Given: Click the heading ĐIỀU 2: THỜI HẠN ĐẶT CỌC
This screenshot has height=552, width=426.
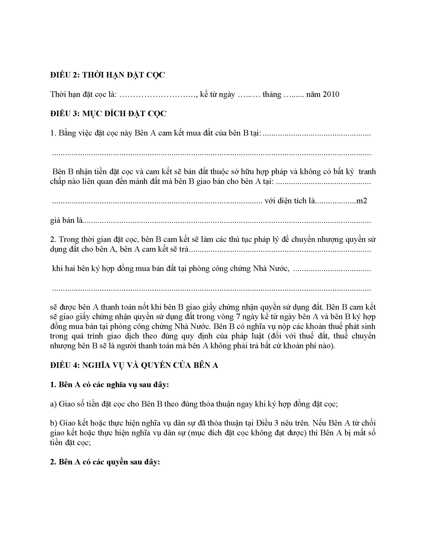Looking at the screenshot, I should (107, 75).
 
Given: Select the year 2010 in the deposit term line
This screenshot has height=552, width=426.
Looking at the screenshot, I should (331, 95).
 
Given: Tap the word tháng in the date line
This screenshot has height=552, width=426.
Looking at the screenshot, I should (272, 95).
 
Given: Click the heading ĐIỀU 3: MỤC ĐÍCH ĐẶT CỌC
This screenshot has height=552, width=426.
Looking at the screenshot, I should (108, 114).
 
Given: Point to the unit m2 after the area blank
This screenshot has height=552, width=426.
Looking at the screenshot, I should (361, 201).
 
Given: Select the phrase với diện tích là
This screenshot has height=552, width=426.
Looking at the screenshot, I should (290, 201).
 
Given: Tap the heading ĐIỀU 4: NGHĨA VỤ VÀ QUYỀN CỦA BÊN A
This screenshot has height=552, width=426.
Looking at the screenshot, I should (134, 366).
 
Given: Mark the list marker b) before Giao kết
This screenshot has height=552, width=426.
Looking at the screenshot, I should (54, 423).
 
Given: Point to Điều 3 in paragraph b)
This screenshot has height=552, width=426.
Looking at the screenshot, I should (265, 423).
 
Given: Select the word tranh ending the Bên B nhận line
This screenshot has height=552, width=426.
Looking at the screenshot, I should (367, 172).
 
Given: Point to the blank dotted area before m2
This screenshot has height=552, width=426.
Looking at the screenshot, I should (336, 201).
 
